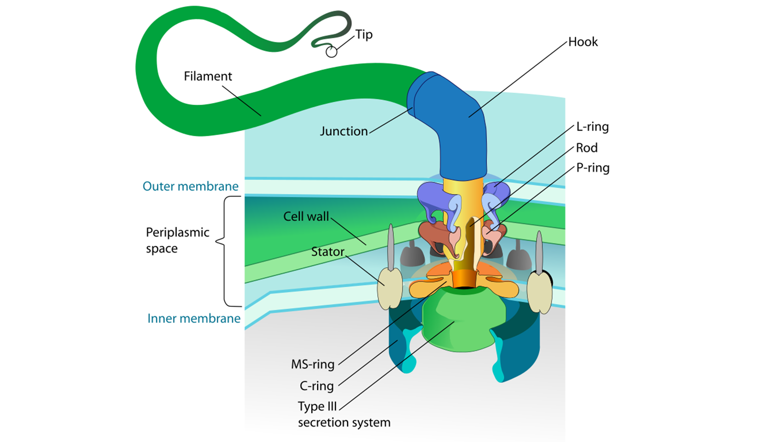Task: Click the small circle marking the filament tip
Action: [x=331, y=52]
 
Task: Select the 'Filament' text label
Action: [x=208, y=76]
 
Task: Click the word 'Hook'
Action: [x=583, y=42]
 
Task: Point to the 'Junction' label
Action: [x=344, y=131]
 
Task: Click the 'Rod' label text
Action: [x=584, y=147]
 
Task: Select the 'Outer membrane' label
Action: [x=191, y=186]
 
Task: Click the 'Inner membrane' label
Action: [x=194, y=318]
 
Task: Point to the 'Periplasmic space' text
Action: [x=170, y=240]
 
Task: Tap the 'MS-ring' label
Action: [x=314, y=364]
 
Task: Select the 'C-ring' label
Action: [x=317, y=386]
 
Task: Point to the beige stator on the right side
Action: [x=539, y=293]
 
